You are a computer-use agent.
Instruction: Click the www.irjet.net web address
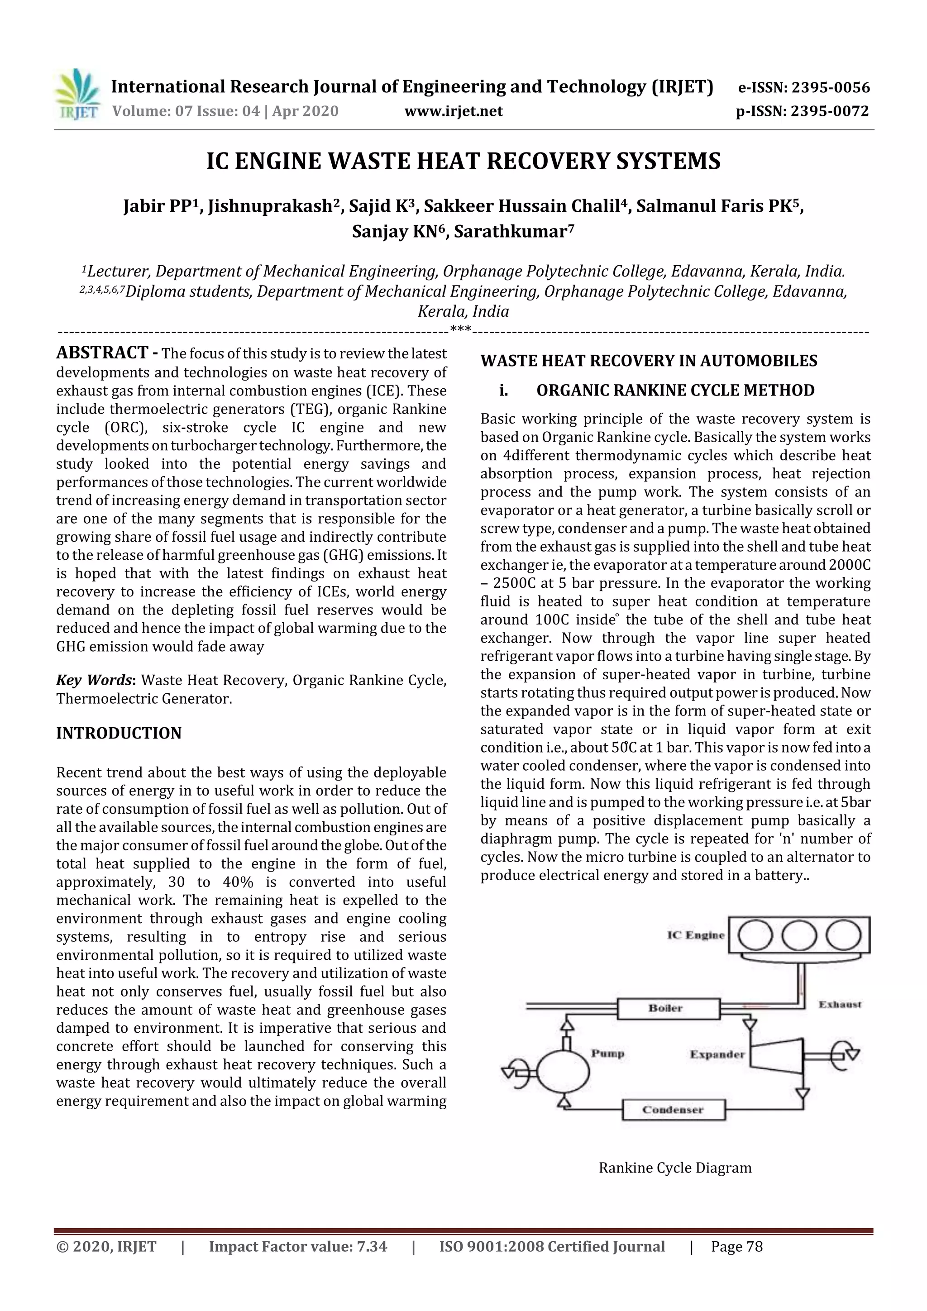point(454,111)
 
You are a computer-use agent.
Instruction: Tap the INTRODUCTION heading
point(119,733)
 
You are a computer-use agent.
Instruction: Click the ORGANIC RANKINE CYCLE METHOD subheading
point(675,391)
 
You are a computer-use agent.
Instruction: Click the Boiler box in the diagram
point(668,1008)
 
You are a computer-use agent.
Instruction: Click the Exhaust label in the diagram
point(840,1004)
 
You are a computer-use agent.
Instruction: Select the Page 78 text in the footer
point(736,1246)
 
